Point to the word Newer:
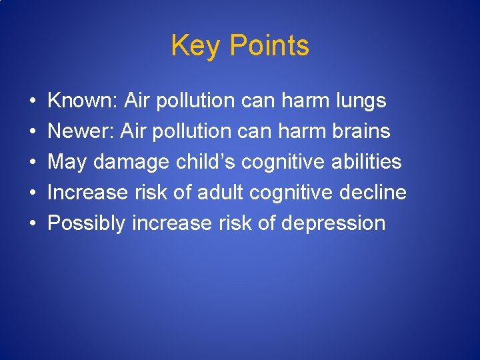point(81,131)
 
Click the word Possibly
point(87,223)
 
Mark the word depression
point(333,224)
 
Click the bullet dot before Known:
point(33,101)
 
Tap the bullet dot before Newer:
point(33,132)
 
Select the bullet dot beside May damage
point(33,163)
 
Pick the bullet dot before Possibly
point(33,224)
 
